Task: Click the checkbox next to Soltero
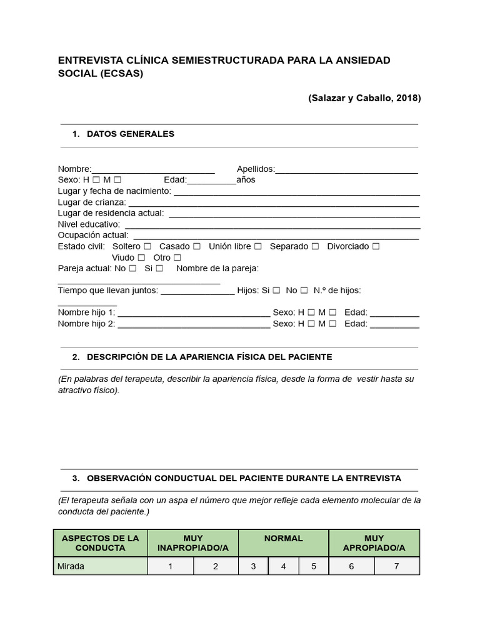pos(147,247)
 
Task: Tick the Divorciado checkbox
pos(376,247)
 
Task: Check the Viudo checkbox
pos(141,257)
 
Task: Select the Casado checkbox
pos(197,247)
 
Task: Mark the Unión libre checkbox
pos(257,247)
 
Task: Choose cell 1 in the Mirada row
pos(171,566)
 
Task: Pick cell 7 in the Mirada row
pos(397,566)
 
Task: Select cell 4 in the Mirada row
pos(284,566)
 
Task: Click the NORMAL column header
pos(284,538)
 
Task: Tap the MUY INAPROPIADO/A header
pos(193,543)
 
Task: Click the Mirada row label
pos(71,566)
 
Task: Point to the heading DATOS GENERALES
pos(131,134)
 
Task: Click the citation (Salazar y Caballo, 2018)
pos(364,97)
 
